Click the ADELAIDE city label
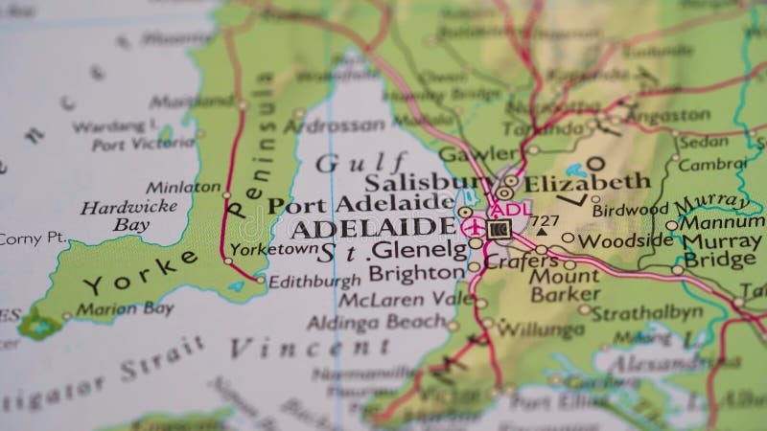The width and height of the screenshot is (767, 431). [373, 228]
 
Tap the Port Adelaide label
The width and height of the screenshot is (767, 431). [360, 204]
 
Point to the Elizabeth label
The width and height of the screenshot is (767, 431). [586, 181]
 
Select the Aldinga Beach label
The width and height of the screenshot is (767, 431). [377, 322]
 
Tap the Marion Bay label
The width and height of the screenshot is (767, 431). [125, 308]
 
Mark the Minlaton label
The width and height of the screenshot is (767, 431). [183, 188]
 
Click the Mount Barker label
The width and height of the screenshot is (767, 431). [566, 285]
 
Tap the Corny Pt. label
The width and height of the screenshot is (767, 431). [32, 238]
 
